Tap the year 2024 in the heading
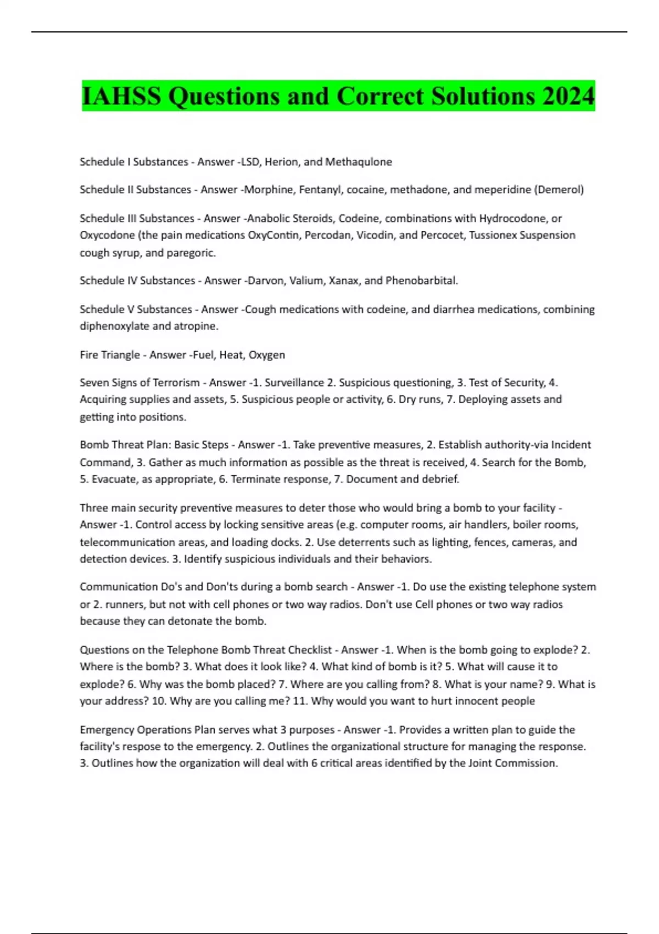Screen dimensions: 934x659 point(568,96)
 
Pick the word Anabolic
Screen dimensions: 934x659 point(268,219)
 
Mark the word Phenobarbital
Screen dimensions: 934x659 point(421,281)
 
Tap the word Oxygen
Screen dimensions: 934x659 point(267,355)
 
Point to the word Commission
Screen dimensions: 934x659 point(528,763)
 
